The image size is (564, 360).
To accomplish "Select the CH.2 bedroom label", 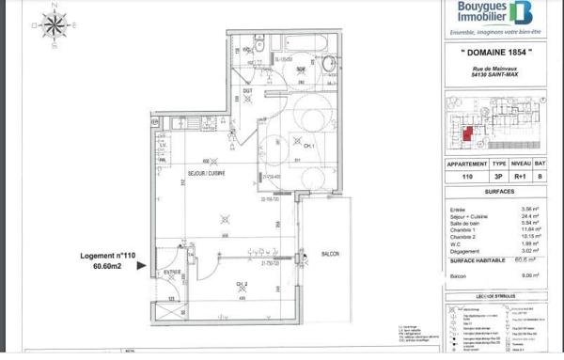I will tap(242, 283).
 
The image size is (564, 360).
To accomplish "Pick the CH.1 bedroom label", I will tap(308, 146).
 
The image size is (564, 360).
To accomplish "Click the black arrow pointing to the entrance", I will tap(143, 267).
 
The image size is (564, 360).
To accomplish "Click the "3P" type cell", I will tap(489, 176).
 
